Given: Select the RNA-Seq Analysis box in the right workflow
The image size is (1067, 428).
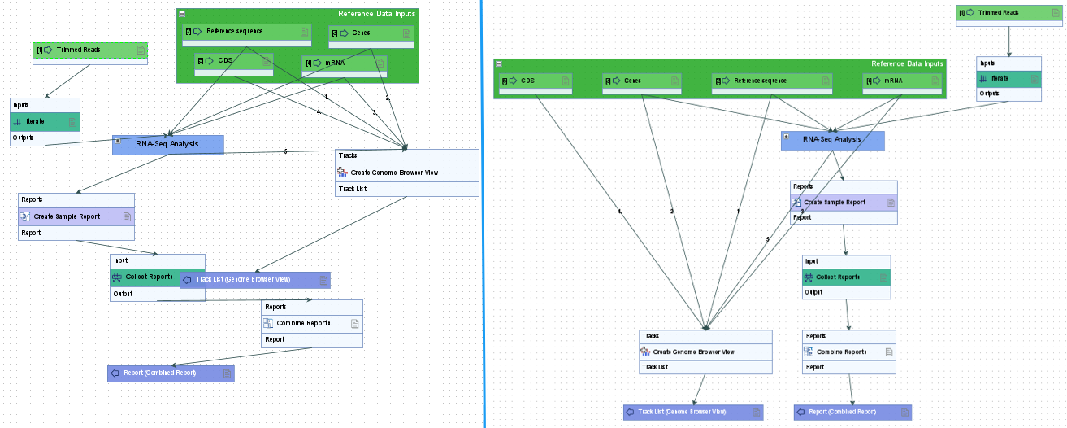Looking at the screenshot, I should pyautogui.click(x=832, y=140).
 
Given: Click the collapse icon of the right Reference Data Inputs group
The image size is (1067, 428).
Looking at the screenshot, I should pyautogui.click(x=498, y=63).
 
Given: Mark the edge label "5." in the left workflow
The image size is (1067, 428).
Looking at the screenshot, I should pyautogui.click(x=286, y=151).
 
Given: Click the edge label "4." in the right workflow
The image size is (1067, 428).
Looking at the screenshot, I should pyautogui.click(x=619, y=212).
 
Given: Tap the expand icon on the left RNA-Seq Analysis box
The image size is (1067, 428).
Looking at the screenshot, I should pyautogui.click(x=118, y=140).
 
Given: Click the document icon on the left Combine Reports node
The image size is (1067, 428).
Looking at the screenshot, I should pyautogui.click(x=354, y=323).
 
